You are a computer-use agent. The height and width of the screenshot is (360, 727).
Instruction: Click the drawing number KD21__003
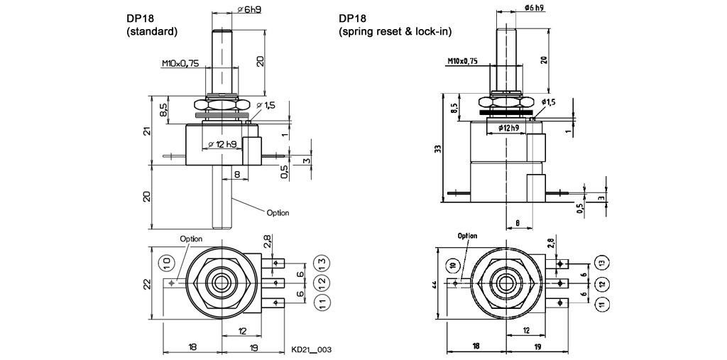[x=312, y=350]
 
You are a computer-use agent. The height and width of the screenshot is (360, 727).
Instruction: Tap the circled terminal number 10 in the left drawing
[x=166, y=262]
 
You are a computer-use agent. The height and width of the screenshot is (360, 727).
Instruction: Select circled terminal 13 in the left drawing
[x=322, y=262]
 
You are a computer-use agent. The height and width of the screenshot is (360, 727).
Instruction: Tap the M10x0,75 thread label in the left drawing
[x=178, y=63]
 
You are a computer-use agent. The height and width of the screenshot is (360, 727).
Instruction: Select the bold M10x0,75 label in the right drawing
[x=464, y=62]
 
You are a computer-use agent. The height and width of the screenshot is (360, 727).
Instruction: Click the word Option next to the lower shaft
[x=278, y=212]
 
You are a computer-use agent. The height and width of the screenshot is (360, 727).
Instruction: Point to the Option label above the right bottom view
[x=467, y=236]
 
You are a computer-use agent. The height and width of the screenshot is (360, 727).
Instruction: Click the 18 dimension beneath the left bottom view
[x=193, y=347]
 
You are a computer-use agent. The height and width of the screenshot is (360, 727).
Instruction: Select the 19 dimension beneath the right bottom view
[x=537, y=347]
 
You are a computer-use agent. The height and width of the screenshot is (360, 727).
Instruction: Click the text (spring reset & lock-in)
[x=395, y=32]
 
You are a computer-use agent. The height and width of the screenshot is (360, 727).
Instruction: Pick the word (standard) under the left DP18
[x=151, y=32]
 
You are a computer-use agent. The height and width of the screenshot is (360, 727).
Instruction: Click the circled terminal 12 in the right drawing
[x=603, y=283]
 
